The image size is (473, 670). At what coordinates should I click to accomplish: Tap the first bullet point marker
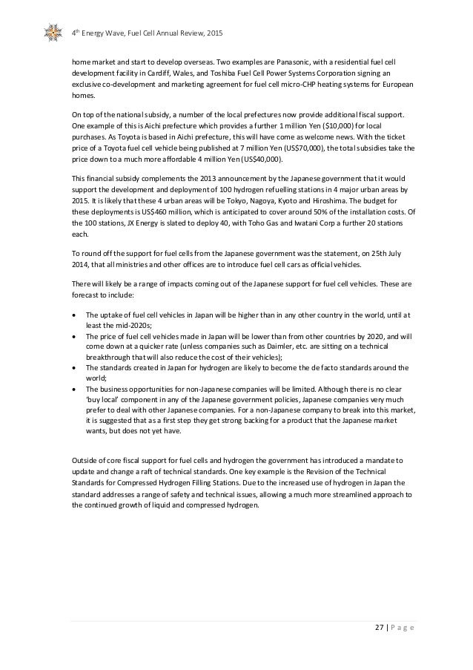pos(76,315)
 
